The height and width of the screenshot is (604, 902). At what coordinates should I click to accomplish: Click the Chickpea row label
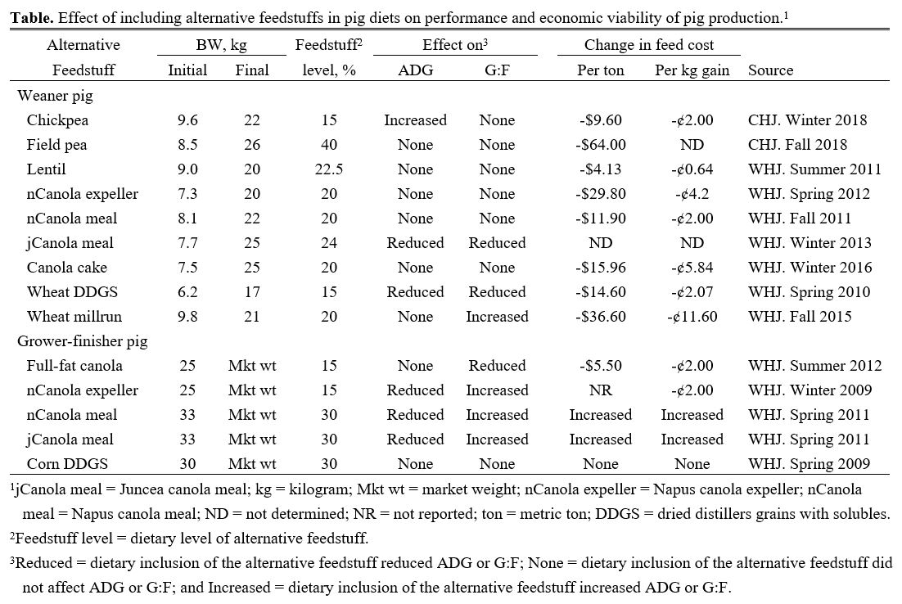pos(57,120)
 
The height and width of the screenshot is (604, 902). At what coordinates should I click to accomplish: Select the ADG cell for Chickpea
pos(415,120)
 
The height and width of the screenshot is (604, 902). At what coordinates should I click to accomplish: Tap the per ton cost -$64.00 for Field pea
pos(601,145)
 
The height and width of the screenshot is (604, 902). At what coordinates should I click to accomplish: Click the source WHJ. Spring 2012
pos(814,194)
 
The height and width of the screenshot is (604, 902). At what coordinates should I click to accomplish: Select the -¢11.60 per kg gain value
pos(692,317)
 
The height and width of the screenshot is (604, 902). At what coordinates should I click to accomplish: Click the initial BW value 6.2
pos(187,292)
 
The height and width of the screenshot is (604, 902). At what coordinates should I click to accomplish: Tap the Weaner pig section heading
pos(55,96)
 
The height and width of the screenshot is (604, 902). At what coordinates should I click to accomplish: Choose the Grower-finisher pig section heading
pos(82,341)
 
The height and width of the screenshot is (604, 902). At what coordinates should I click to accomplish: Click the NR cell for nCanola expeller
pos(601,390)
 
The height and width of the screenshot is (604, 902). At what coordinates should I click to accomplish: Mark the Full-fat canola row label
pos(74,366)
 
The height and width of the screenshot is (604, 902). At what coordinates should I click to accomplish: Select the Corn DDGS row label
pos(65,464)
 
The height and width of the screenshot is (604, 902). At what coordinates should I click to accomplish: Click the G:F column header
pos(497,70)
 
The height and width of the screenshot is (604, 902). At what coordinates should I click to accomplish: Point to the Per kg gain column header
pos(692,70)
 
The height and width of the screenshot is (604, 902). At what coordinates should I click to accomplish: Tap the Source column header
pos(770,70)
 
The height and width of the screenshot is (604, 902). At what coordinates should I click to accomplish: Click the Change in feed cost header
pos(648,46)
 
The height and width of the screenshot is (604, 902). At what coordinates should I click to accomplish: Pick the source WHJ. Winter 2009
pos(814,390)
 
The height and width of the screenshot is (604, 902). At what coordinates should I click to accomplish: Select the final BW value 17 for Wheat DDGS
pos(251,292)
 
